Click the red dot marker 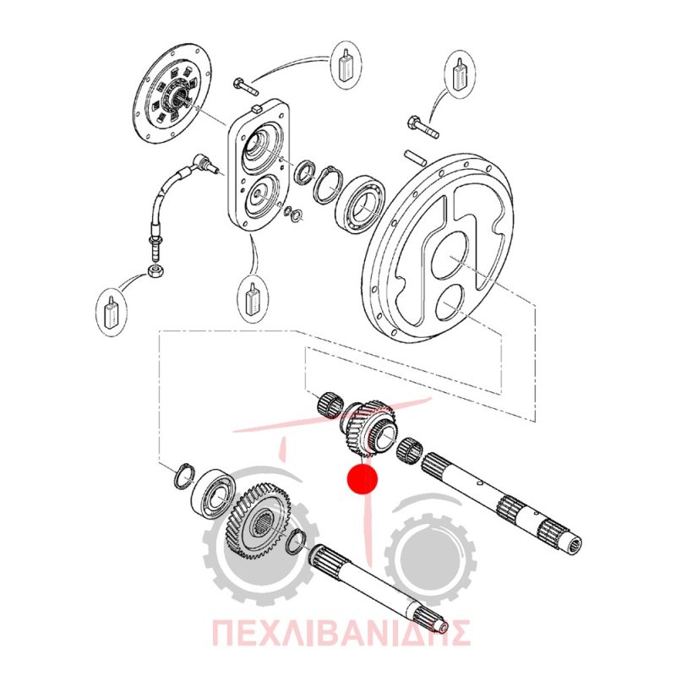(363, 478)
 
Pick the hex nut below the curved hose (155, 271)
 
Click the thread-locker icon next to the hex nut (112, 308)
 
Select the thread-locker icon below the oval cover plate (253, 297)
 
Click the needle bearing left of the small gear (330, 405)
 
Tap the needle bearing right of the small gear (410, 451)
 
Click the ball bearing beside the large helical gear (213, 493)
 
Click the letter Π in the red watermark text (224, 633)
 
